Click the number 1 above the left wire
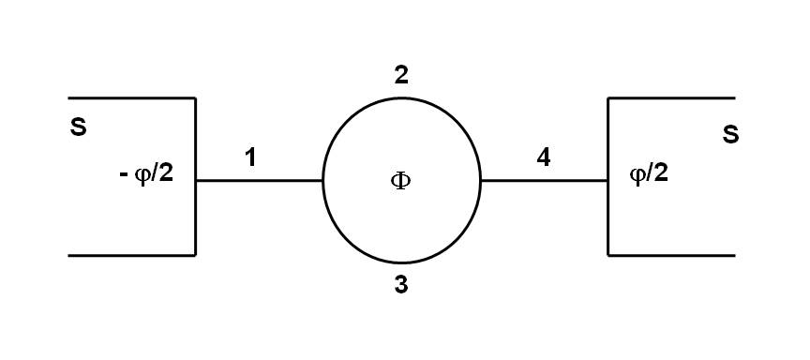249,157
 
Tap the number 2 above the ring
401,76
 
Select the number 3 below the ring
401,285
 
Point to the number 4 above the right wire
543,157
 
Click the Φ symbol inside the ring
400,181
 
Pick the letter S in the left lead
79,127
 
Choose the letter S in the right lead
730,135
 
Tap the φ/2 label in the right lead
648,174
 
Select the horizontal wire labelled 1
259,180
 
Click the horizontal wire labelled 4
544,180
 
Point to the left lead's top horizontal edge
131,97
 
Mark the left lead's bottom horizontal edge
131,255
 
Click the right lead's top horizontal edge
671,97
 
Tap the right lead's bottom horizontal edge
671,255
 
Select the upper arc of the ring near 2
401,102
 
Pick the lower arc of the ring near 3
401,260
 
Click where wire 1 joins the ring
322,180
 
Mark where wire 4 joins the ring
480,180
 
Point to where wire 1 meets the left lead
195,180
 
